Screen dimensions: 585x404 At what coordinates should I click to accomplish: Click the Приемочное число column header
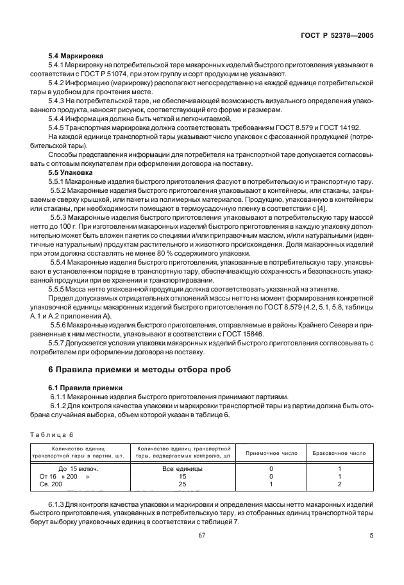click(272, 453)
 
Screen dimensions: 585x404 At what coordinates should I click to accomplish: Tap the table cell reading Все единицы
click(182, 469)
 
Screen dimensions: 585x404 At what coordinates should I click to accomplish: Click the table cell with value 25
click(182, 485)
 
